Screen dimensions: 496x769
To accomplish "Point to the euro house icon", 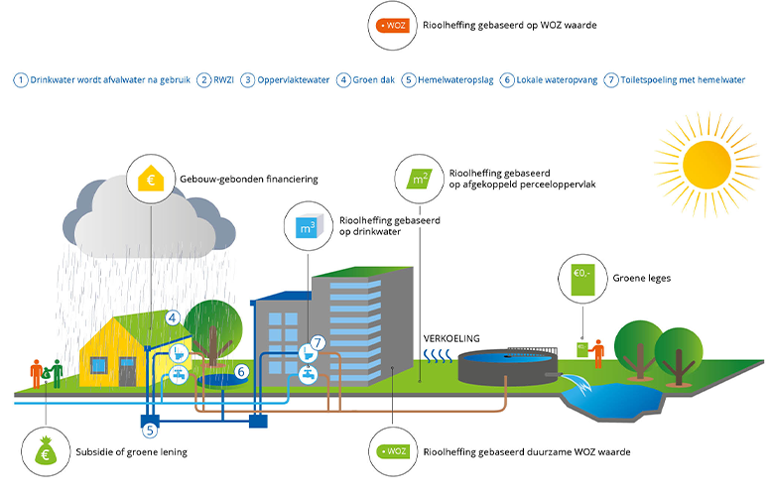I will tap(153, 181).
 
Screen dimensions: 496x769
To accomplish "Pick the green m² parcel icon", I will tap(420, 180).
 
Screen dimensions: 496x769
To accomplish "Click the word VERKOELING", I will tap(451, 337).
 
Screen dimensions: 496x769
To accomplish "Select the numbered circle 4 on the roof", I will tap(172, 318).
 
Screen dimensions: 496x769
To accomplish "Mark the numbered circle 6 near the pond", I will tap(241, 372).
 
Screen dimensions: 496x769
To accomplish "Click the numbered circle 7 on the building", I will tap(317, 343).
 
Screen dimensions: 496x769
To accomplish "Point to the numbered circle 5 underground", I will tap(149, 431).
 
